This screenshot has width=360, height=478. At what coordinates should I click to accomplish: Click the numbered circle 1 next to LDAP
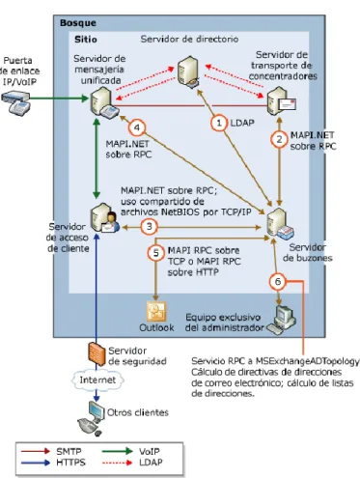219,123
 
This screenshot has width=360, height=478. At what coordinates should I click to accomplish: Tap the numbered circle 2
279,139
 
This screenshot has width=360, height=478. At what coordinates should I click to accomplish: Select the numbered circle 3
149,227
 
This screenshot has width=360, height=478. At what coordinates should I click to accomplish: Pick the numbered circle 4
137,127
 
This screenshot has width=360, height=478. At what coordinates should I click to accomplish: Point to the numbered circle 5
156,253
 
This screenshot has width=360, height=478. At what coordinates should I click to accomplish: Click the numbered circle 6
277,282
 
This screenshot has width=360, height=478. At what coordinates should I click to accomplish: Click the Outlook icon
156,312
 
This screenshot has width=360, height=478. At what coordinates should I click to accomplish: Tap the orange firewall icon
97,353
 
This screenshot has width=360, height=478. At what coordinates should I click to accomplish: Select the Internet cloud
97,380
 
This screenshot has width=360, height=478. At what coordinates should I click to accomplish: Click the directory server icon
188,72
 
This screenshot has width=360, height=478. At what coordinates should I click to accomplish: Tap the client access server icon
104,218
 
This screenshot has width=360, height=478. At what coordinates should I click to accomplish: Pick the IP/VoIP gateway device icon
16,102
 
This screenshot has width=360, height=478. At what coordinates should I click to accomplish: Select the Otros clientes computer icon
91,418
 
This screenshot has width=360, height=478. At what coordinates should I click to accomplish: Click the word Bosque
78,23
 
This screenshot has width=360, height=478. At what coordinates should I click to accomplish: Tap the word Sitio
86,40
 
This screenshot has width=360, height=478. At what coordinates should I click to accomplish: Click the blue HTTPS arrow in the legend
36,463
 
